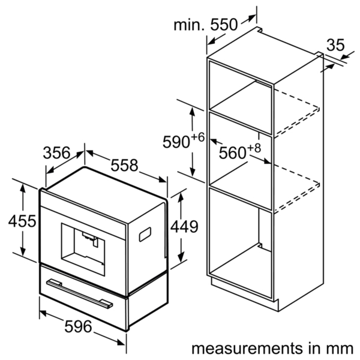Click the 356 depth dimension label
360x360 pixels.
tap(56, 153)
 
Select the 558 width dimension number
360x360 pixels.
tap(124, 165)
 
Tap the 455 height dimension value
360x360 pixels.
tap(22, 221)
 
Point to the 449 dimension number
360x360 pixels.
tap(184, 227)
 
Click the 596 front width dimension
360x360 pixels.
tap(78, 327)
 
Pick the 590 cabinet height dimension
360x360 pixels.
tap(176, 142)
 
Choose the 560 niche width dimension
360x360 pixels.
tap(232, 153)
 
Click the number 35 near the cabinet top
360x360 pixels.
tap(335, 45)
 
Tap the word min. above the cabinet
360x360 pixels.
tap(189, 25)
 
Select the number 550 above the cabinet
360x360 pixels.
tap(224, 25)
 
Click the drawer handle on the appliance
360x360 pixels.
tap(79, 293)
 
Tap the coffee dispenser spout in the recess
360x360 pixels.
tap(91, 239)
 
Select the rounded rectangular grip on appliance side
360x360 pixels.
tap(145, 235)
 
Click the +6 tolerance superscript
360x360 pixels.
tap(197, 137)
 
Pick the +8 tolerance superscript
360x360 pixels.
tap(254, 148)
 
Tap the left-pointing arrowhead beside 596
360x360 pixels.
tap(44, 313)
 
